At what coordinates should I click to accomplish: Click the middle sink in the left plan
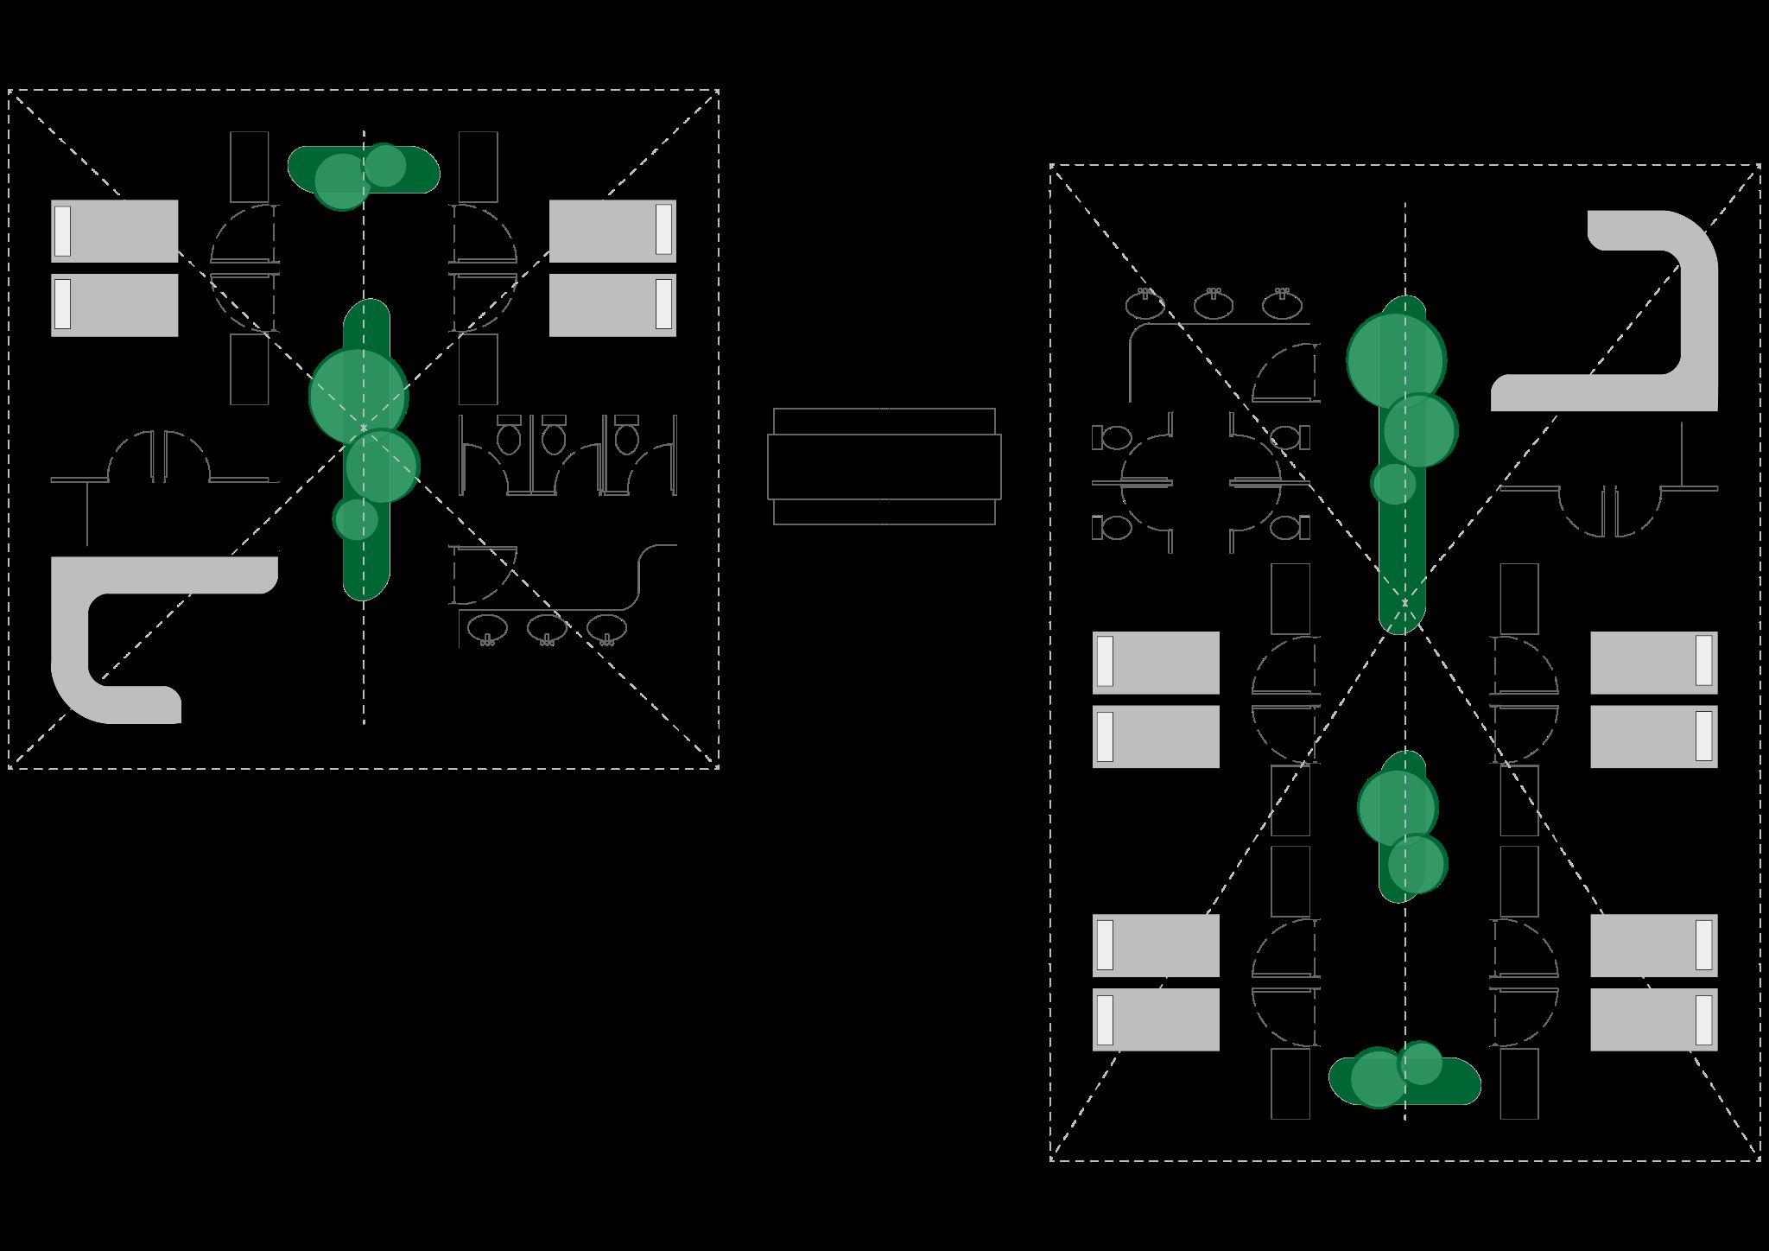(547, 627)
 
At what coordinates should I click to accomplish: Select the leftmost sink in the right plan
(1145, 305)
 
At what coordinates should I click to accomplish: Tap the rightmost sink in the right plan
(1282, 305)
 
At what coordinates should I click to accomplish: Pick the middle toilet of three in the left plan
(554, 438)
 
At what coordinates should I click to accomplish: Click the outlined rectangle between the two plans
(884, 467)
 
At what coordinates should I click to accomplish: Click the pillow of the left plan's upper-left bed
(62, 231)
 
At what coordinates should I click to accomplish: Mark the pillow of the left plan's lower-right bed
(663, 304)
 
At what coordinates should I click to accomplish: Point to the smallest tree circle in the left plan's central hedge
(355, 518)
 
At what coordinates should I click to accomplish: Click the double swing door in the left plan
(159, 458)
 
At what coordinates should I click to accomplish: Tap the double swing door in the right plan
(1610, 510)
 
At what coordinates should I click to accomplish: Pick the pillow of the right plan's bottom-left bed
(1105, 1019)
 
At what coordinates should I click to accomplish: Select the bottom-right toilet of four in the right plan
(1287, 527)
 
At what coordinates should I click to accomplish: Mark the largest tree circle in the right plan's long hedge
(1397, 359)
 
